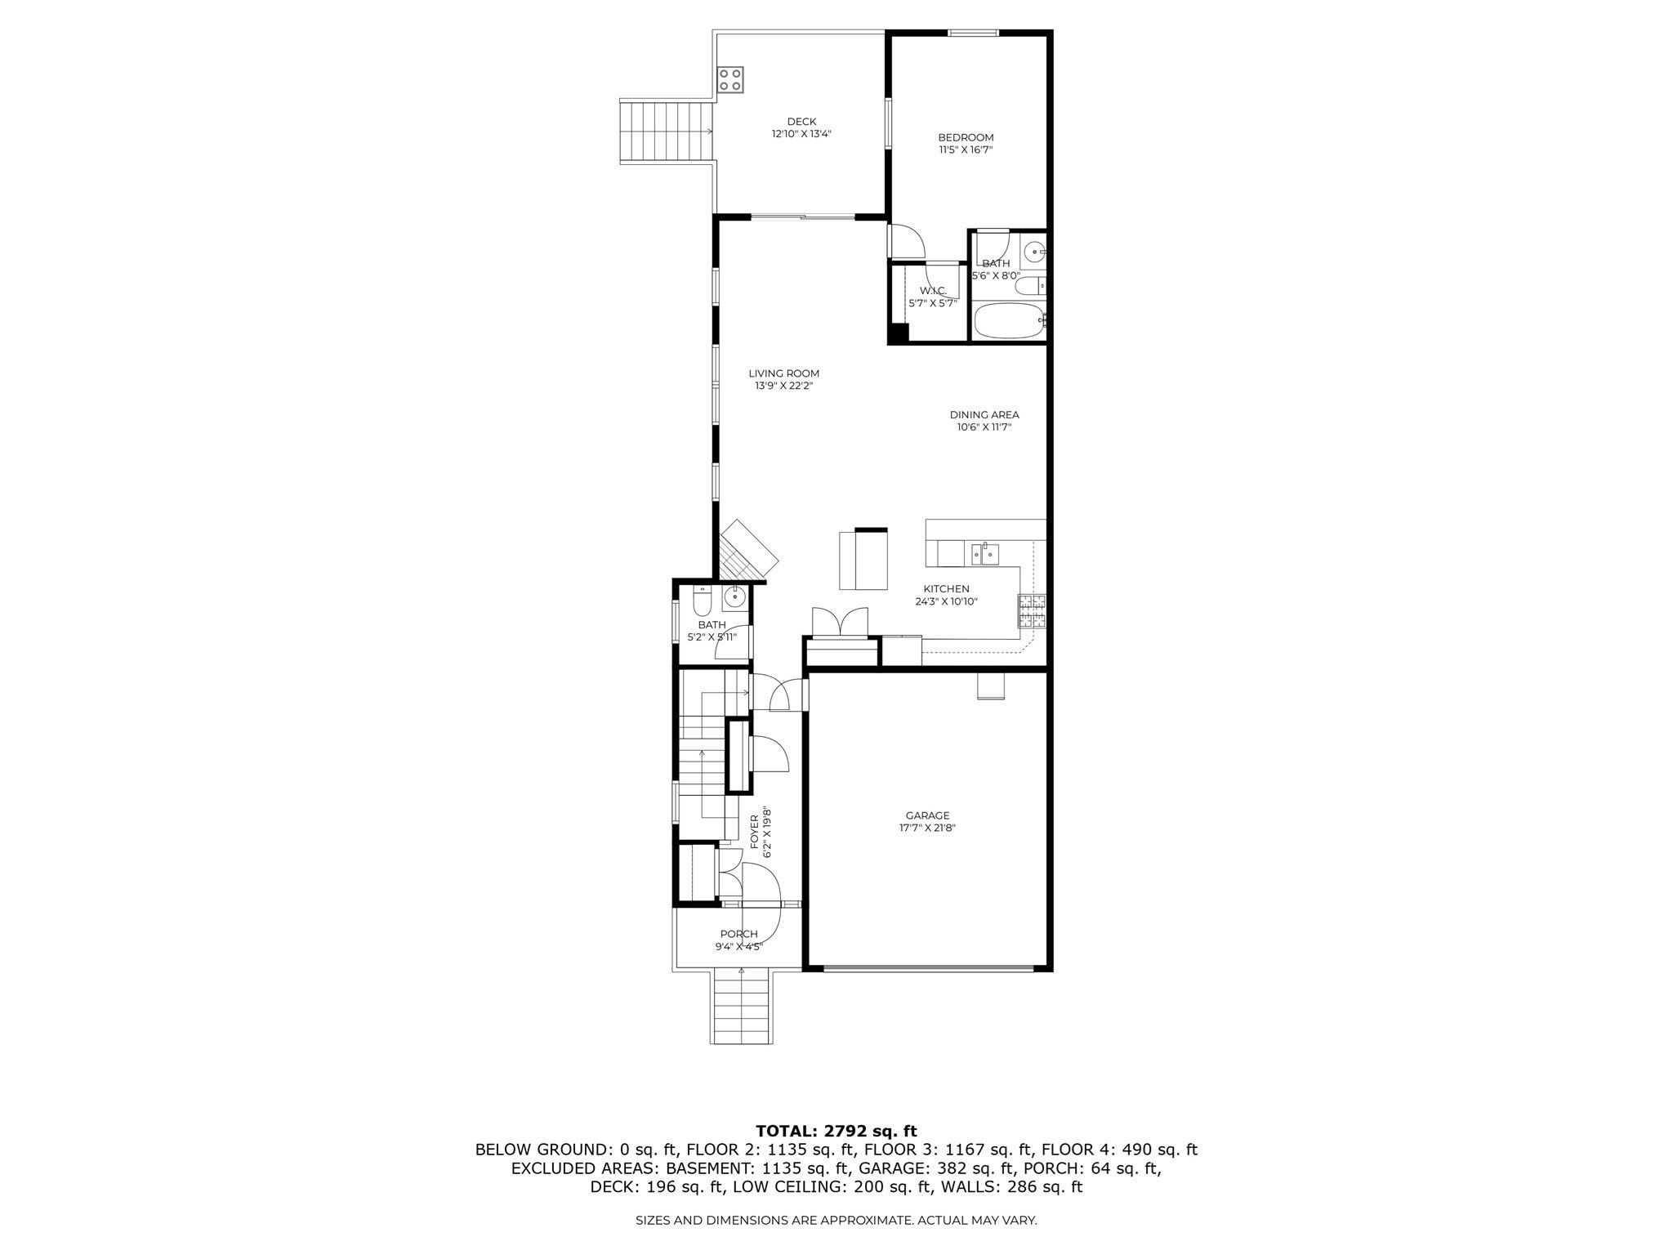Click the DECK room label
pyautogui.click(x=801, y=122)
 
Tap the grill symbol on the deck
pyautogui.click(x=159, y=79)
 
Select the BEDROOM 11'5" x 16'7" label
pyautogui.click(x=966, y=143)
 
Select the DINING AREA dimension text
pyautogui.click(x=984, y=427)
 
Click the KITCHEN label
pyautogui.click(x=946, y=588)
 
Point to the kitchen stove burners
pyautogui.click(x=1032, y=611)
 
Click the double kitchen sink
pyautogui.click(x=984, y=554)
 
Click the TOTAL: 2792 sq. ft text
pyautogui.click(x=836, y=1132)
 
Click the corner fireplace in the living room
pyautogui.click(x=747, y=549)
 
